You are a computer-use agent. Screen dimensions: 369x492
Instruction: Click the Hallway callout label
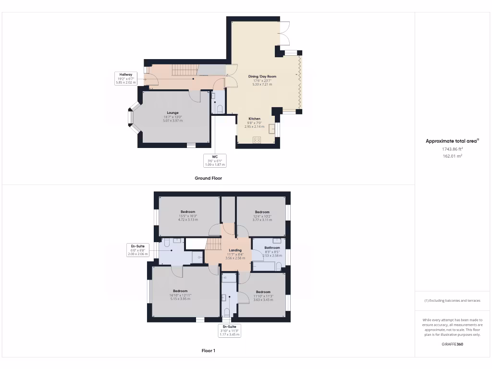125,78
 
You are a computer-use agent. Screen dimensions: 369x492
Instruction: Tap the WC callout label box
215,160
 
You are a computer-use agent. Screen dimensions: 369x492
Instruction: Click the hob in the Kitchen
257,140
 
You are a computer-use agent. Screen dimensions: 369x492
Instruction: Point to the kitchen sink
272,129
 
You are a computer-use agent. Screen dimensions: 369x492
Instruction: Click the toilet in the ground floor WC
220,109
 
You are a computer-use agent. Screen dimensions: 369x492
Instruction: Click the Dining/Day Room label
262,76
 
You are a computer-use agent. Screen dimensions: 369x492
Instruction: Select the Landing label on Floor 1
235,250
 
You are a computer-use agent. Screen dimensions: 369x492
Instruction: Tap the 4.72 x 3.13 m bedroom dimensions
187,220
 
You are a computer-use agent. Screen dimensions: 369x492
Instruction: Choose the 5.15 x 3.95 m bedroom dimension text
180,299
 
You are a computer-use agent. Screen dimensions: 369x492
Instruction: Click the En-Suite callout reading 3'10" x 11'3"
229,331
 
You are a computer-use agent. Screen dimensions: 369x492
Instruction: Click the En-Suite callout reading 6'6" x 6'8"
137,250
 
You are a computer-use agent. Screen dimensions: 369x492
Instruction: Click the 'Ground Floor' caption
208,178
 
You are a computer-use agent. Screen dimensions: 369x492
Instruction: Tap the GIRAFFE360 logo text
453,344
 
